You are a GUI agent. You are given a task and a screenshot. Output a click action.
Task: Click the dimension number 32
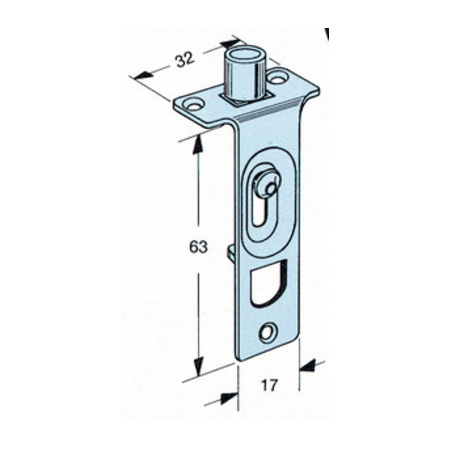[x=185, y=61]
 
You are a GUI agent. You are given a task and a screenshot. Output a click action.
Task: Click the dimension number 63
[x=198, y=247]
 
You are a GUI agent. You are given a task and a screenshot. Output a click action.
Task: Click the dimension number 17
[x=269, y=386]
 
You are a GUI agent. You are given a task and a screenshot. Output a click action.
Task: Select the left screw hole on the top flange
[x=194, y=104]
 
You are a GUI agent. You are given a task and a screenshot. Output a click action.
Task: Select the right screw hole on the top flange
[x=278, y=77]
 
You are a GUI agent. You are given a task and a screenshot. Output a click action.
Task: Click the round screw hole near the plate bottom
[x=269, y=333]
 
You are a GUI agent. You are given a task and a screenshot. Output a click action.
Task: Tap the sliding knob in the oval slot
[x=266, y=184]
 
